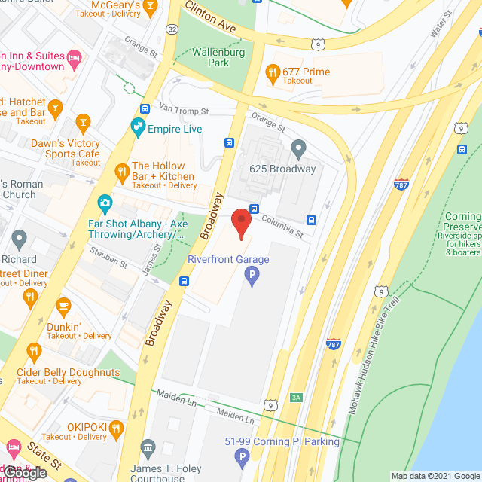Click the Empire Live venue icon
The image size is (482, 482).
coord(138,129)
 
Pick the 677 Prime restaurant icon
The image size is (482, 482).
coord(273,72)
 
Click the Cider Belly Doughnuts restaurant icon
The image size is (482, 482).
coord(34,351)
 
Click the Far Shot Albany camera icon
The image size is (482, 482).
coord(105,203)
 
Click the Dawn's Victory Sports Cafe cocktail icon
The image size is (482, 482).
coord(83,122)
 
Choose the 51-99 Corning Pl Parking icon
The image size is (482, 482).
coord(242,456)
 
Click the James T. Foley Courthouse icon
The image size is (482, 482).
coord(148,450)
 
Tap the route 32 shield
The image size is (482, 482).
coord(172,29)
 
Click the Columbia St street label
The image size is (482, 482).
coord(282,224)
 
